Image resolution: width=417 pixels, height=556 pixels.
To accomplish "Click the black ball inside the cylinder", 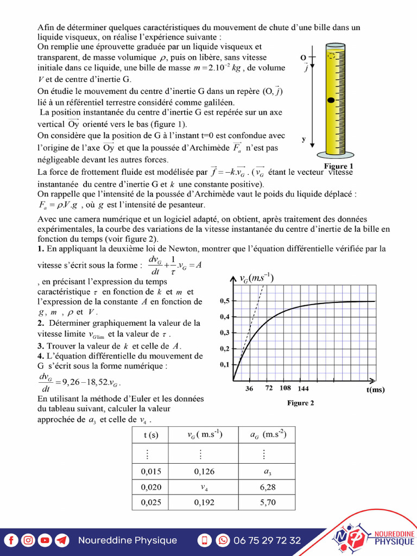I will (330, 100).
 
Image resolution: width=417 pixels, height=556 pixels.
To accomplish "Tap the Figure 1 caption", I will (339, 166).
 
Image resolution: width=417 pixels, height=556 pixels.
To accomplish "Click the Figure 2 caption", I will (301, 403).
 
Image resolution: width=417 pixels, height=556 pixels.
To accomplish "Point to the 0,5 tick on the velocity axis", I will (224, 301).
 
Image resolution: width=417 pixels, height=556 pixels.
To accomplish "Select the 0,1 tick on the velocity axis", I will (224, 364).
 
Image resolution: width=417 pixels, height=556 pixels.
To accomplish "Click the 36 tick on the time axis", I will (249, 389).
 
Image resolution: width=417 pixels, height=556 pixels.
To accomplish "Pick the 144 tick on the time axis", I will (303, 389).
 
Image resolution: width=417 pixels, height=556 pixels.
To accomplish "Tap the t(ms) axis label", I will (376, 389).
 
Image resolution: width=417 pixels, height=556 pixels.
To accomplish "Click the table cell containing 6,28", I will (267, 487).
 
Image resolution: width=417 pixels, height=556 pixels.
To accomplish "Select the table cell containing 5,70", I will (267, 502).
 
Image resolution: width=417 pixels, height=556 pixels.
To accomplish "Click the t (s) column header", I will (151, 435).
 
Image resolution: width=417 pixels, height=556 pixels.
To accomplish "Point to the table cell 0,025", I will (151, 502).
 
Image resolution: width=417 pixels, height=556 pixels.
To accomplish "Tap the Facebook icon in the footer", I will (11, 540).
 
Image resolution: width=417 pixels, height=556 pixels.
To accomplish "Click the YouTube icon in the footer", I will (45, 540).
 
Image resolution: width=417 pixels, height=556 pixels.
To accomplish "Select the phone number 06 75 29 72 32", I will (267, 540).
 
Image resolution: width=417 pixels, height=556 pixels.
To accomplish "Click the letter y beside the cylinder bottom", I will (304, 140).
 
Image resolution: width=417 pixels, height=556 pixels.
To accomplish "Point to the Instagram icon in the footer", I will (28, 540).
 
